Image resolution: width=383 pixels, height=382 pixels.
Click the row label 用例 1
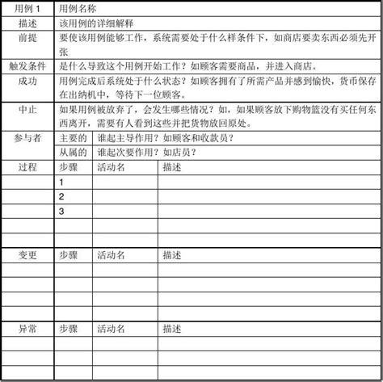point(27,7)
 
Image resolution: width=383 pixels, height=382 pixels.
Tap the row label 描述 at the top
point(27,22)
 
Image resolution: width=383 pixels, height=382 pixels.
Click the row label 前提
point(27,37)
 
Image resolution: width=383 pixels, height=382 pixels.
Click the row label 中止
point(27,109)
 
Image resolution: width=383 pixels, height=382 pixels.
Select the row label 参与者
point(27,138)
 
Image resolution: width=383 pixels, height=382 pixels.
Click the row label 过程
point(27,167)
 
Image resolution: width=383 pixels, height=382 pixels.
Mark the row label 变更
point(27,255)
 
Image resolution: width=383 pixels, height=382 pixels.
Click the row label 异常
point(27,329)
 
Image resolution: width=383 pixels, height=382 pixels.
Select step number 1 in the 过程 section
point(61,183)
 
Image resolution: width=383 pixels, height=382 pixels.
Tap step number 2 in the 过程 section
point(61,197)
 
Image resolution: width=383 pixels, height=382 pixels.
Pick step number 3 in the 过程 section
point(61,212)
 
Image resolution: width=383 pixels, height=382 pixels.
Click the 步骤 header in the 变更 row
point(69,255)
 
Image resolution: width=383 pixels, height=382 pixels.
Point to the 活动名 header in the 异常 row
point(111,329)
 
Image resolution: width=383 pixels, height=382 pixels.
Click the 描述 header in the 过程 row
point(171,167)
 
